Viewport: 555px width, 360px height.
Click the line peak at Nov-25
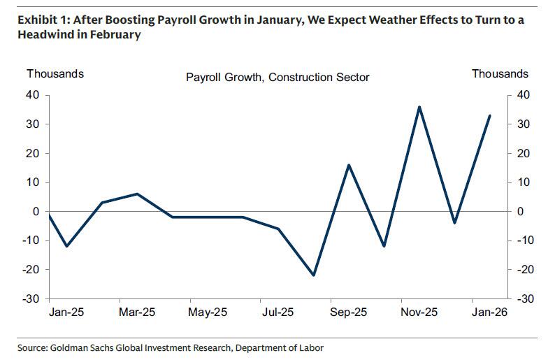pyautogui.click(x=419, y=107)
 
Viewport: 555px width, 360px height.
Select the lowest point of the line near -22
pyautogui.click(x=313, y=275)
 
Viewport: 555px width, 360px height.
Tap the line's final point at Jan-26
pyautogui.click(x=489, y=115)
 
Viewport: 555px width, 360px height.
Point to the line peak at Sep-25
pyautogui.click(x=349, y=165)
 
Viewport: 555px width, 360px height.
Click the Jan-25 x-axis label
pyautogui.click(x=66, y=312)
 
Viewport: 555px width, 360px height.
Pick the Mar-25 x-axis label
pyautogui.click(x=137, y=312)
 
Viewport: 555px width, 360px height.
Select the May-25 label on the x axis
pyautogui.click(x=208, y=312)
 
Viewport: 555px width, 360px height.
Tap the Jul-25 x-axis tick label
pyautogui.click(x=278, y=312)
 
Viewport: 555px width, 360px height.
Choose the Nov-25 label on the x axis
pyautogui.click(x=419, y=312)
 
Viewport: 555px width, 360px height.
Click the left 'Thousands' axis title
pyautogui.click(x=55, y=73)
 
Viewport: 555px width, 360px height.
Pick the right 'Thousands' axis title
pyautogui.click(x=500, y=73)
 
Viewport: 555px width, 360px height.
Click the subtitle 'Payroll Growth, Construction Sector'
pyautogui.click(x=277, y=77)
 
